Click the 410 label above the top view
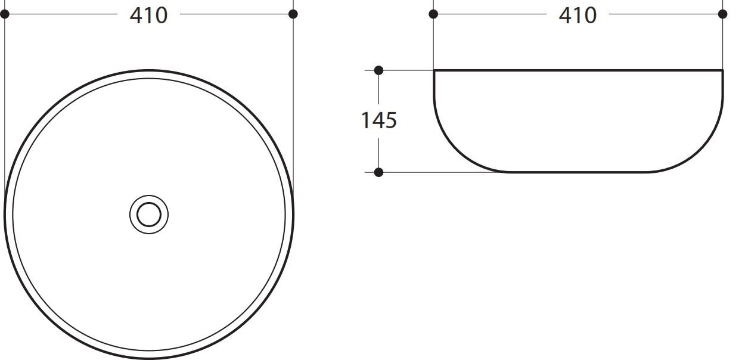[148, 15]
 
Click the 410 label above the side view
[578, 15]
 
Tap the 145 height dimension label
[379, 120]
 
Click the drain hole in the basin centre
[149, 215]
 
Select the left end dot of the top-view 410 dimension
[5, 14]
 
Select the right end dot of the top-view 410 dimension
[293, 14]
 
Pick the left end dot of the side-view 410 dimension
[433, 14]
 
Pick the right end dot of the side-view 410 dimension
[723, 14]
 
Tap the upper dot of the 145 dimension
[378, 70]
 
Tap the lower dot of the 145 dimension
[378, 172]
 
